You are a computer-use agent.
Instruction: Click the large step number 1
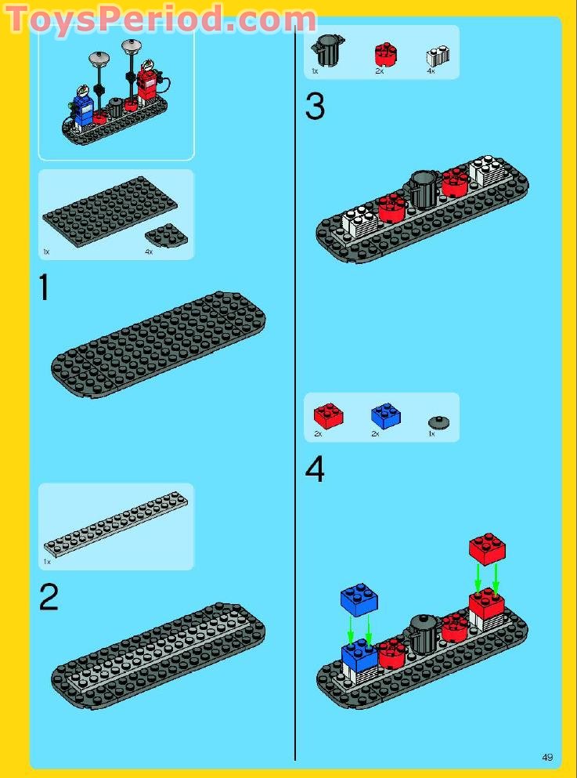(x=44, y=288)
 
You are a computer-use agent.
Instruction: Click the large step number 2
(x=49, y=599)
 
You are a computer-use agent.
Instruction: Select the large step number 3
(x=315, y=106)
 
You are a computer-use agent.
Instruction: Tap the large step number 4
(x=315, y=470)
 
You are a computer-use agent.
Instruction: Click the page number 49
(x=547, y=757)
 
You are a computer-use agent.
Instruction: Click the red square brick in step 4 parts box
(x=328, y=415)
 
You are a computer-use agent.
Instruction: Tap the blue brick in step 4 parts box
(x=385, y=415)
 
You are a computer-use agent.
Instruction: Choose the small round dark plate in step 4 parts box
(x=442, y=422)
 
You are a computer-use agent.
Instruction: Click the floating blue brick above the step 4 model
(x=359, y=599)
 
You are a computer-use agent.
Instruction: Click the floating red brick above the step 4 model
(x=487, y=548)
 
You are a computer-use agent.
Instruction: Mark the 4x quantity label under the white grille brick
(x=431, y=71)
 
